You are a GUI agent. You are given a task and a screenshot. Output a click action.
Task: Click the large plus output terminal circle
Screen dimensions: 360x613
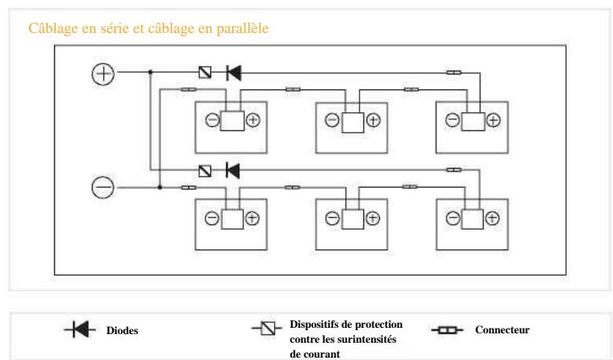[104, 73]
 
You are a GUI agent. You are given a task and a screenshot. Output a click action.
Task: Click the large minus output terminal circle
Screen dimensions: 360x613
[104, 187]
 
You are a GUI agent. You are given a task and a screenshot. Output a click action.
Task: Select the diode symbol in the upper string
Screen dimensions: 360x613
[233, 73]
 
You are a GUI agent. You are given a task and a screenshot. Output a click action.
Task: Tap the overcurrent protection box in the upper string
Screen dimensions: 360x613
[205, 73]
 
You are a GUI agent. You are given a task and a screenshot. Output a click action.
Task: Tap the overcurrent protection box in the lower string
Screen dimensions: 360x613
[205, 169]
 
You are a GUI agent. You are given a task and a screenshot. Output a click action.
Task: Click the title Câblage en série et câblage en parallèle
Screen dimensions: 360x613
[146, 30]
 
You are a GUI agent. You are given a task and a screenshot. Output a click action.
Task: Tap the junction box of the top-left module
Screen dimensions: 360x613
[232, 121]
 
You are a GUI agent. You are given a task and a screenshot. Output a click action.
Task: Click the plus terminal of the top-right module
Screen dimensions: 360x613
[492, 121]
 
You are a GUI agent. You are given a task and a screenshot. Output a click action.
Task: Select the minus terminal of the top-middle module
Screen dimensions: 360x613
[332, 121]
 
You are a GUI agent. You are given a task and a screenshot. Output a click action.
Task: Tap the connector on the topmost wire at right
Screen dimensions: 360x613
[454, 73]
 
